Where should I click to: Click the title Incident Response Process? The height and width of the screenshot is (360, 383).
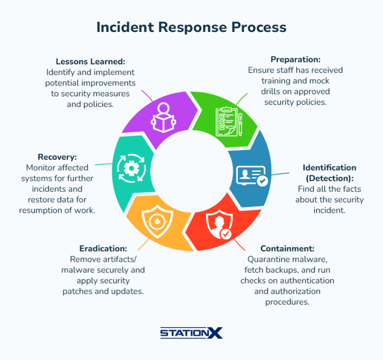191,27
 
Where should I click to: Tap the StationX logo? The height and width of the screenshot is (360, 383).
191,333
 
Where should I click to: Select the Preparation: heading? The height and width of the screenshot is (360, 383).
296,59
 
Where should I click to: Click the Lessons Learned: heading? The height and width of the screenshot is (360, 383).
90,61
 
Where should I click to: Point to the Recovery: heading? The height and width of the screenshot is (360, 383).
57,157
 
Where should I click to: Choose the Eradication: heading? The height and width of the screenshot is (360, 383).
103,249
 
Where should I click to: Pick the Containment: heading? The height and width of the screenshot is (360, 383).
287,249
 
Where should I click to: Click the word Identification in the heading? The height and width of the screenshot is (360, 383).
329,168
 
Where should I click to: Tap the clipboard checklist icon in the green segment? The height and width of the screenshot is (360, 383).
229,121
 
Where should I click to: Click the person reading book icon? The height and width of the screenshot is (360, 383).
163,118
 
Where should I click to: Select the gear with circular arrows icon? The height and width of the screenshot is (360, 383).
132,168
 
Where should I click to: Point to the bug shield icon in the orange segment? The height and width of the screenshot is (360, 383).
157,222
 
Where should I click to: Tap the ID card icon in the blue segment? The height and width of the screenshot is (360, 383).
252,176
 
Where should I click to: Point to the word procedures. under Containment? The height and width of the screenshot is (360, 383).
287,302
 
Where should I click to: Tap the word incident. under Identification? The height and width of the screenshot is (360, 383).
329,210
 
